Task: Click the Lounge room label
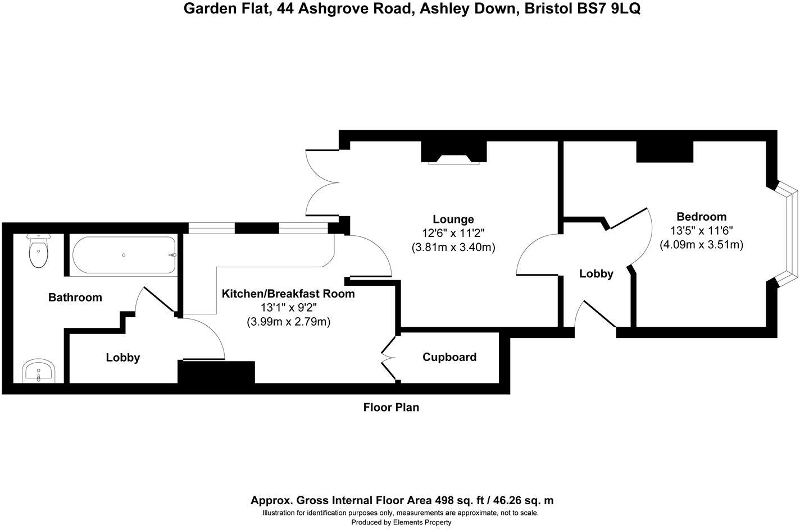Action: point(453,220)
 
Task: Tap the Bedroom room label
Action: point(701,217)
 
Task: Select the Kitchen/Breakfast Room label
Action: point(288,294)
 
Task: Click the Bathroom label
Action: point(75,298)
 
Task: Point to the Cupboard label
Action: point(449,357)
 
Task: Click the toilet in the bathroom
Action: point(38,252)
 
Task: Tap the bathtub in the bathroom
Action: point(124,255)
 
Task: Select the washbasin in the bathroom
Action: point(38,372)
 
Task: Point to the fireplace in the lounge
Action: point(454,159)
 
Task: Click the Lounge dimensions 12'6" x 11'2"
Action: point(453,233)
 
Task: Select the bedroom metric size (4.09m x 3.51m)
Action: point(701,245)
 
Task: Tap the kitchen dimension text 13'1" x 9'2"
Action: point(288,308)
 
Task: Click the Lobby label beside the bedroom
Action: point(596,274)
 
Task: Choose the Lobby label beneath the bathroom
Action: point(123,358)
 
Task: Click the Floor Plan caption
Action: point(391,408)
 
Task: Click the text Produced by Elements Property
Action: point(401,522)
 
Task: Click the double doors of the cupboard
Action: point(387,357)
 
